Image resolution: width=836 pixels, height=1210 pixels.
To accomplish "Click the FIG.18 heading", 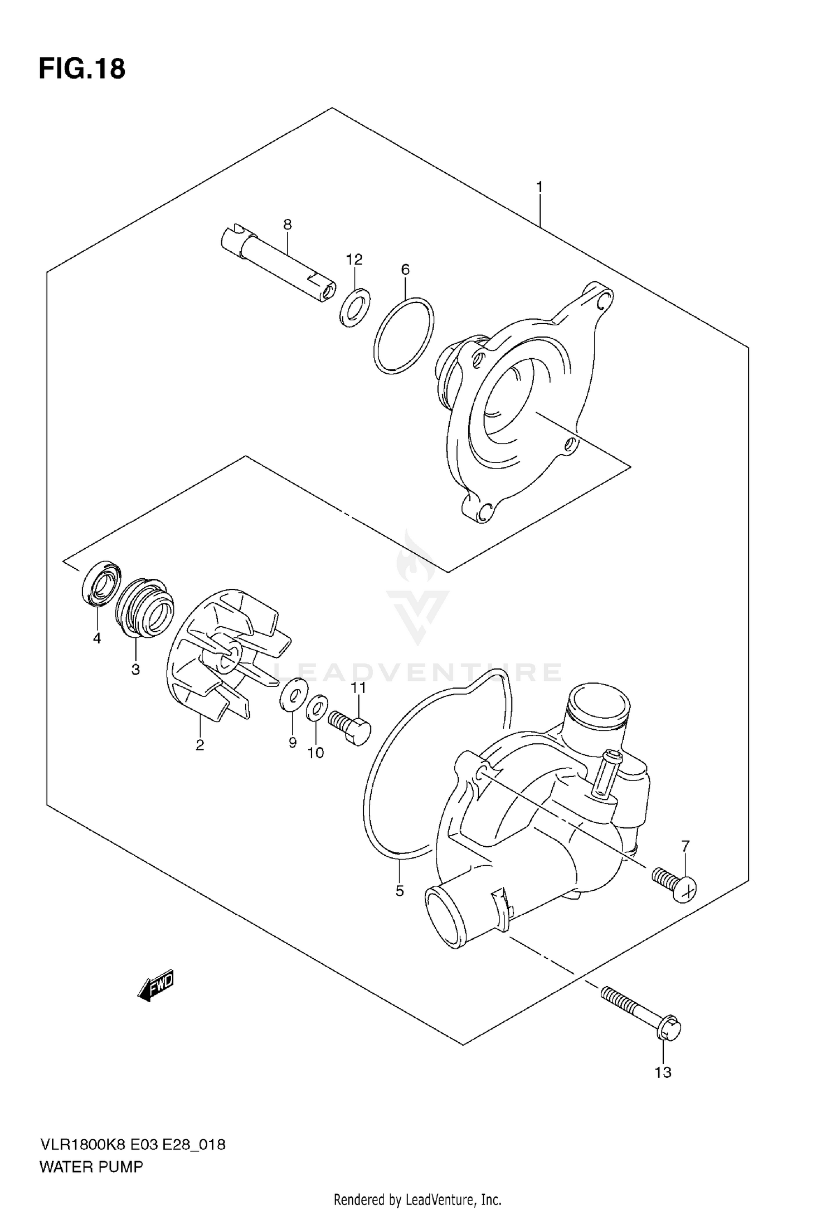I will click(x=82, y=70).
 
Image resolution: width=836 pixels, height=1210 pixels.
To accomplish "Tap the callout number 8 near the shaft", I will click(x=287, y=225).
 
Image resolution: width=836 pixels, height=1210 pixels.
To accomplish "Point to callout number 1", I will click(x=539, y=187).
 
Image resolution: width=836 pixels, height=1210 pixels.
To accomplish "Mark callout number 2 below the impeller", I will click(x=200, y=745).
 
